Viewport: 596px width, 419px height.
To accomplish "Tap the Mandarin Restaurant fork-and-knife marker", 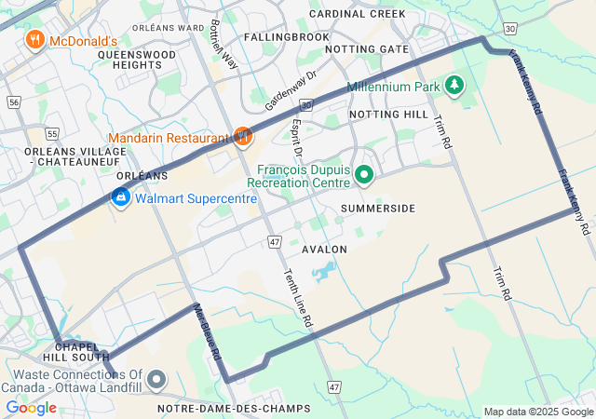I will coord(243,137).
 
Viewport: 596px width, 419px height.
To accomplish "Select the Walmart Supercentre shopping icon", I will coord(120,197).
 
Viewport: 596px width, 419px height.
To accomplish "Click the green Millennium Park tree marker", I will coord(454,86).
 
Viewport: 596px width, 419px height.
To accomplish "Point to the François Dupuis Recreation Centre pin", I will coord(364,174).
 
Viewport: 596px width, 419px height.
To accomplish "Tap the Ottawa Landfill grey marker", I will coord(156,379).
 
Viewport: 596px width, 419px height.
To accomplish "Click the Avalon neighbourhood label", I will coord(324,250).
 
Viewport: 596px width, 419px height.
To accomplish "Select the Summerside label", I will coord(378,208).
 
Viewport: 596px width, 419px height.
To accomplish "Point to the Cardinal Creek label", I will coord(358,14).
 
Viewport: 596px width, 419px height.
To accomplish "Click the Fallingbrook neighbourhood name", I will coord(287,36).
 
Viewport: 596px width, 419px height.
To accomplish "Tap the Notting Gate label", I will coord(368,48).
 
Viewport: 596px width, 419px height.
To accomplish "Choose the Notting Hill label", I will coord(388,114).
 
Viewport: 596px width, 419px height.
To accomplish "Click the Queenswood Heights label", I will coord(137,61).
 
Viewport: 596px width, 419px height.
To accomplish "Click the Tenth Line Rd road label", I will coord(300,295).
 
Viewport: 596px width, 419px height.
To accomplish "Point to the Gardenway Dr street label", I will coord(291,87).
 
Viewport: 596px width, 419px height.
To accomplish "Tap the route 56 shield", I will coord(12,101).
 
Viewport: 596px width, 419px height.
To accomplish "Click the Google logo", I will coord(31,408).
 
